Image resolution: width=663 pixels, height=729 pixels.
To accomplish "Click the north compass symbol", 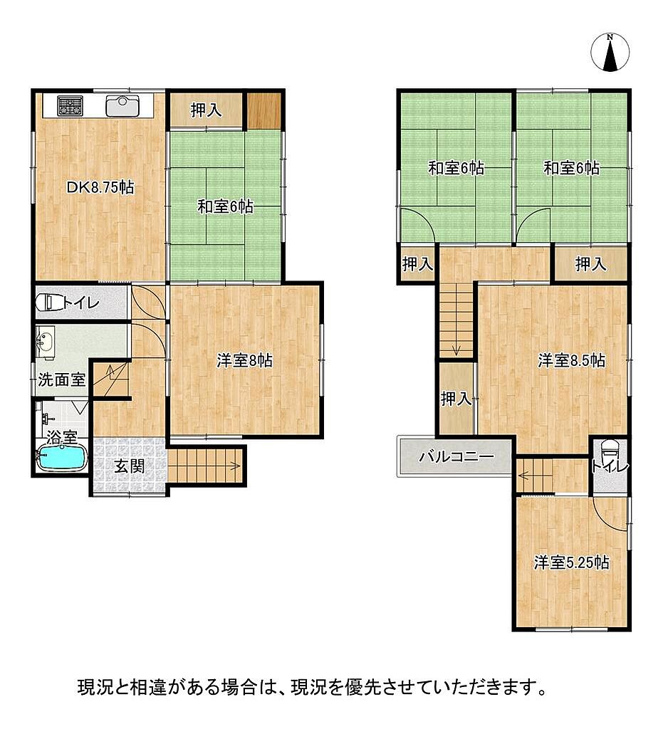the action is click(610, 52).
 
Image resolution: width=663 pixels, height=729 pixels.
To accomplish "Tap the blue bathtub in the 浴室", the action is click(62, 458).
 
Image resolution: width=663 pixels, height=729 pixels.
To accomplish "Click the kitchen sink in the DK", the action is click(122, 105).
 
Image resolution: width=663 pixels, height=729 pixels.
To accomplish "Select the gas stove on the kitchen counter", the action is click(70, 105).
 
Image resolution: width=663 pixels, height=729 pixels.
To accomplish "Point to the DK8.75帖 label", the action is click(100, 187).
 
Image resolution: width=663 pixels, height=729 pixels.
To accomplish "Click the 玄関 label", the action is click(129, 466).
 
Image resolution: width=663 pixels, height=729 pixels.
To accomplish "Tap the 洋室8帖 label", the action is click(244, 360).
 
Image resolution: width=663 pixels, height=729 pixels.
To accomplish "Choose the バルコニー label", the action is click(456, 456).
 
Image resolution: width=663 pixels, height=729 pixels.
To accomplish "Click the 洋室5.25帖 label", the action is click(571, 562).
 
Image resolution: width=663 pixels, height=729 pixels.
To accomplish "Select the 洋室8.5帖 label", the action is click(571, 360).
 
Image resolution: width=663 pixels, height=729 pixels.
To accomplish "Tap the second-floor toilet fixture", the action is click(610, 450).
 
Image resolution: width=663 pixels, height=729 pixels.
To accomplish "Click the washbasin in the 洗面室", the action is click(45, 342).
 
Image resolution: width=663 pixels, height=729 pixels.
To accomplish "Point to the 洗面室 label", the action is click(61, 380).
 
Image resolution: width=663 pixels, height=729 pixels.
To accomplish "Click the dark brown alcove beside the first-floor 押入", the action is click(263, 110).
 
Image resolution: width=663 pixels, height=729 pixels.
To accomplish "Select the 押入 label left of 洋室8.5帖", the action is click(456, 399).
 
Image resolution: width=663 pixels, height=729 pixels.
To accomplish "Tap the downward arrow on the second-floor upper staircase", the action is click(456, 347).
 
